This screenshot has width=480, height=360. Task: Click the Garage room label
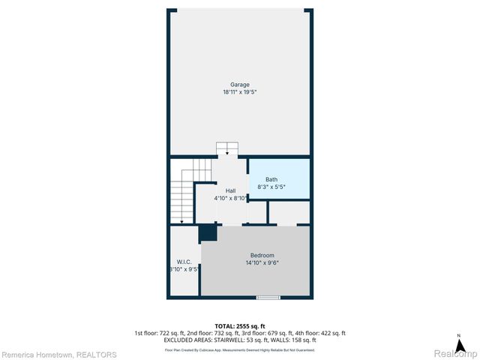(x=240, y=84)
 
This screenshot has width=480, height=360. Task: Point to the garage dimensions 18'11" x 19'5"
(x=240, y=92)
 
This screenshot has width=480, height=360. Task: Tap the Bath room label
(x=271, y=179)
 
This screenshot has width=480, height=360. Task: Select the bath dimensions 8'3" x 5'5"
(x=272, y=187)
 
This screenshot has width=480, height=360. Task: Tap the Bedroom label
(x=262, y=256)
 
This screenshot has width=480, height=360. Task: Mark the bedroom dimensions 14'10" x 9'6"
(x=262, y=263)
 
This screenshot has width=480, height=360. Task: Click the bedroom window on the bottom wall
(x=268, y=298)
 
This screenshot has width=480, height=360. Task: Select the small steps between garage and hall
(x=226, y=149)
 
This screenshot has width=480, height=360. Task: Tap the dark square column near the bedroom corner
(x=208, y=233)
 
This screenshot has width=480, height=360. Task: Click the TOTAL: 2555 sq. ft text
(x=240, y=326)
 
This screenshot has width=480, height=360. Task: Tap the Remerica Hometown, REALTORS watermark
(x=58, y=355)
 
